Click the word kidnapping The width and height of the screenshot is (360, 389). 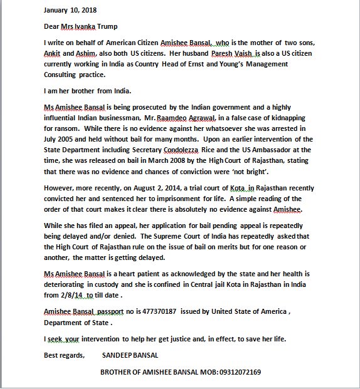[x=319, y=118]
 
